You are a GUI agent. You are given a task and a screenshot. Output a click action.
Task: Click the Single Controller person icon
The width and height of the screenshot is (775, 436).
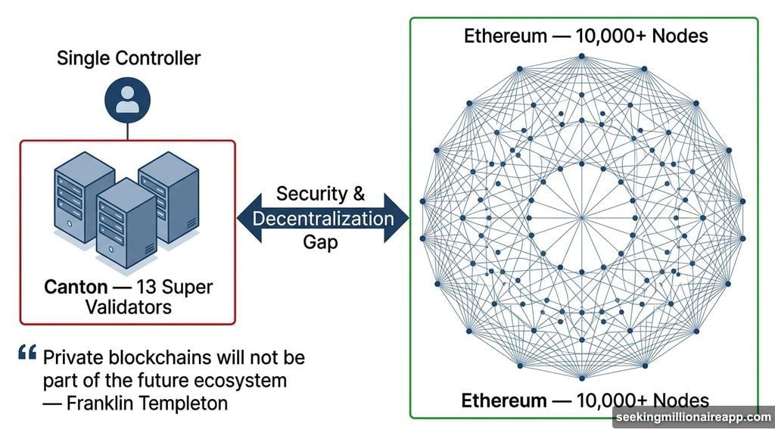128,100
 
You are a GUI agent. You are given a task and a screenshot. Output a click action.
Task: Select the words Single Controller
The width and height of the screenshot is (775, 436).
129,58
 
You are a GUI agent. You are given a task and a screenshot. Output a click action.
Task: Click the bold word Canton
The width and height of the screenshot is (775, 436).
75,288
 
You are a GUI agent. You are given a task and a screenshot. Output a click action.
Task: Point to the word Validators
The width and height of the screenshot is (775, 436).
129,307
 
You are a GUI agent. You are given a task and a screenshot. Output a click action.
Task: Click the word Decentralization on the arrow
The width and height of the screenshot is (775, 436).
323,220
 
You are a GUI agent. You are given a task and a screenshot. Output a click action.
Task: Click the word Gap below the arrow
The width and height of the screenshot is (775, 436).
322,244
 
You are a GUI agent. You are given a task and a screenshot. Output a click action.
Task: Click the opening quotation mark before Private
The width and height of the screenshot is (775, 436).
27,353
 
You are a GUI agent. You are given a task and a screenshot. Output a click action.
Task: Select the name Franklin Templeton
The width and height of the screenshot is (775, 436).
147,403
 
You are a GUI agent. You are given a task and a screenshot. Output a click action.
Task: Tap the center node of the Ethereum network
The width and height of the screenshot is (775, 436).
581,219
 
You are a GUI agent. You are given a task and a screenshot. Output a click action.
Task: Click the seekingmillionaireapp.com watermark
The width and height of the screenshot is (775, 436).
693,418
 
